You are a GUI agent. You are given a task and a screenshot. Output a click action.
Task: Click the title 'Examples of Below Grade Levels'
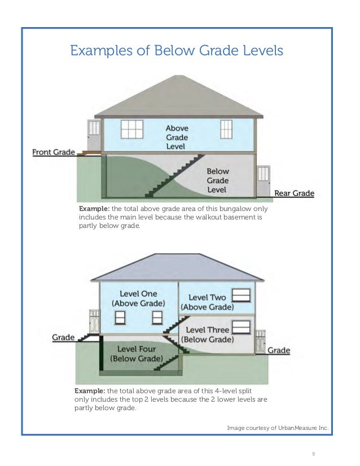click(176, 51)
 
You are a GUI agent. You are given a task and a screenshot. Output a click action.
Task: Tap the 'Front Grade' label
click(54, 152)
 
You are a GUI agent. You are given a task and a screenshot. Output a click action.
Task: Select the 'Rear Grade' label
click(294, 194)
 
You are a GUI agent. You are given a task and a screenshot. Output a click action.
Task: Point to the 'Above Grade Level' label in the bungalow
click(177, 137)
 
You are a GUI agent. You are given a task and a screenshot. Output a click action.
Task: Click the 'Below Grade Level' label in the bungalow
click(217, 180)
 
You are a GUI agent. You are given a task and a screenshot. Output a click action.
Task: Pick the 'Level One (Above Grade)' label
click(138, 298)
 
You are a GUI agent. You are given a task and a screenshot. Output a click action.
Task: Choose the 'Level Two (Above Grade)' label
click(207, 302)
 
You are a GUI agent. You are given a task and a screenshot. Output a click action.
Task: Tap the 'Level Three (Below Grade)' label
click(207, 334)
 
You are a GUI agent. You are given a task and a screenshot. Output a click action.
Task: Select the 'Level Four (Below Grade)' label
click(137, 354)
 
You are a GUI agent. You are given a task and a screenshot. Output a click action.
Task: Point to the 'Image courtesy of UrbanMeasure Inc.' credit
click(277, 428)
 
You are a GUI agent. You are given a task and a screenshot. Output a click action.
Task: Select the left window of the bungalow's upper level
click(131, 129)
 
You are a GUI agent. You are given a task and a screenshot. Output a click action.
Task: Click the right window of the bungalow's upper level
click(226, 129)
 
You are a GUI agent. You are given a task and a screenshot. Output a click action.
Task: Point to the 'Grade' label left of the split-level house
click(64, 337)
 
